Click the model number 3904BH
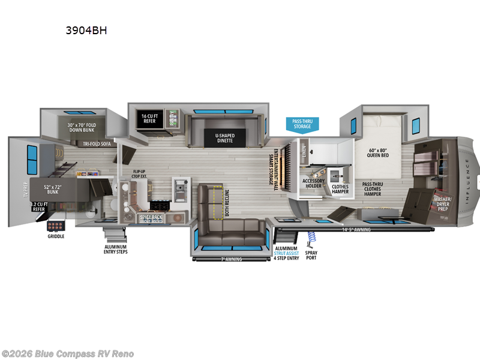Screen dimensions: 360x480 pos(87,31)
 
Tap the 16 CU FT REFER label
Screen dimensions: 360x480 pos(149,117)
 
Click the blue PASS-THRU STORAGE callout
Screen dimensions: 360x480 pos(302,124)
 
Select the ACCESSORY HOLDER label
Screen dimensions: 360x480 pos(313,184)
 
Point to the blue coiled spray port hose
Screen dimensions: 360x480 pos(311,239)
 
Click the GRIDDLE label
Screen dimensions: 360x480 pos(56,236)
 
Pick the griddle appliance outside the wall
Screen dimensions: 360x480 pos(57,227)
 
